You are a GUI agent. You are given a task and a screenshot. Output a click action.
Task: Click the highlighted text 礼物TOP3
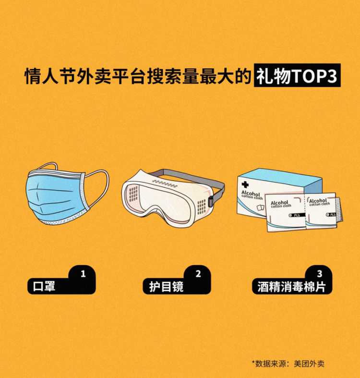point(297,75)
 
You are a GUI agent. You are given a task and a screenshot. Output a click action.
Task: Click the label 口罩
point(44,286)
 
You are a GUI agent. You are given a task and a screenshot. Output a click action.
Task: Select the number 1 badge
point(83,274)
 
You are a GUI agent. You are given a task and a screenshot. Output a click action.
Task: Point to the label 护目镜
point(166,286)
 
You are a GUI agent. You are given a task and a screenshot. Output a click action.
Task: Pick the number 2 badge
point(198,274)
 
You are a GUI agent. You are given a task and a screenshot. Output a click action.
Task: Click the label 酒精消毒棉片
point(291,286)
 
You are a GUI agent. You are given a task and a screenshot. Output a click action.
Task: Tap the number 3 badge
point(320,274)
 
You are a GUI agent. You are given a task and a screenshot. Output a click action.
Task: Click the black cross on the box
point(245,185)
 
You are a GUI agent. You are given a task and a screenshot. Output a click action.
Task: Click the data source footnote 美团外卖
point(309,364)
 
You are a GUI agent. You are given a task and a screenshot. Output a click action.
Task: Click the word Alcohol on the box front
point(251,194)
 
